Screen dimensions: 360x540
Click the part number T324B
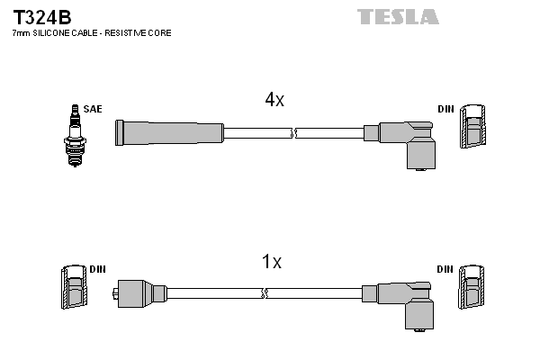42,17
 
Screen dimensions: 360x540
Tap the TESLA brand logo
397,16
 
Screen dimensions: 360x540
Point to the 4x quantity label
274,101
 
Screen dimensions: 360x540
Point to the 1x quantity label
271,263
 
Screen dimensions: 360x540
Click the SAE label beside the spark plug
93,109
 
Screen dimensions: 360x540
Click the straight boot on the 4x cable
168,133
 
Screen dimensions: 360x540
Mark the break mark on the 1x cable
265,293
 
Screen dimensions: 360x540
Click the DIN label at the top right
446,109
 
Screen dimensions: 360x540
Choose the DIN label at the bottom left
98,269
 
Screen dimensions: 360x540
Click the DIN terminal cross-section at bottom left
73,290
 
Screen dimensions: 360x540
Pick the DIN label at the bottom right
446,269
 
